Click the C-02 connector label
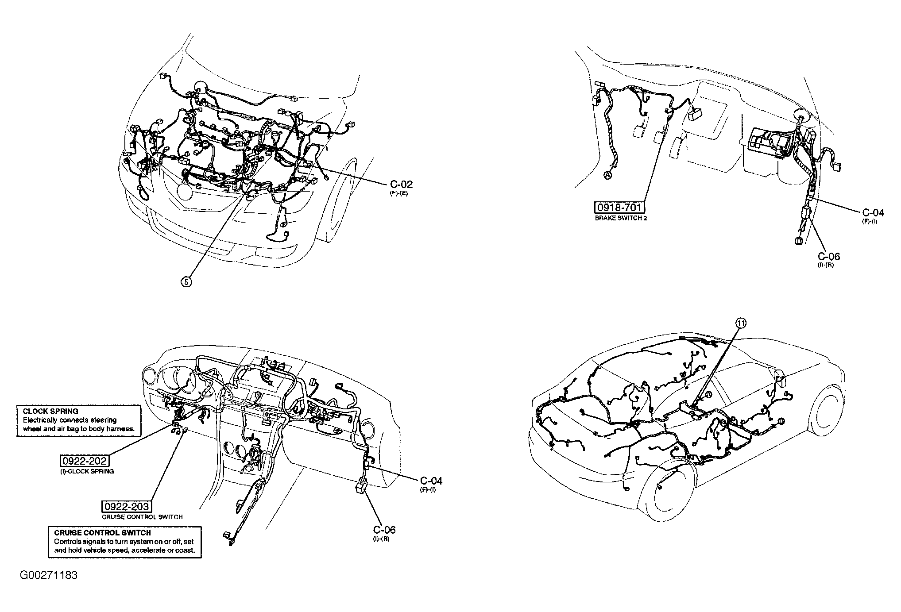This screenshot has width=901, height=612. click(x=401, y=185)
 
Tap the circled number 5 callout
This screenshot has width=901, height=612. click(x=186, y=281)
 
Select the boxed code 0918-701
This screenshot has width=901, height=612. click(x=619, y=208)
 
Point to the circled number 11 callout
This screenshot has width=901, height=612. click(x=741, y=323)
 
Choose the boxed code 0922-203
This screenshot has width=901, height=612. click(x=127, y=506)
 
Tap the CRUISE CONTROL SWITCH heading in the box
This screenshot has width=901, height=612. click(x=102, y=533)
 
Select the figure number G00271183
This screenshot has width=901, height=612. click(x=49, y=575)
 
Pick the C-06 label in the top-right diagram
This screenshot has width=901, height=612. click(x=828, y=256)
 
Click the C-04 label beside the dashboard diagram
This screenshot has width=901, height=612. click(x=431, y=481)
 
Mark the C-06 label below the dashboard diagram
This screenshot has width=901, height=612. click(x=384, y=530)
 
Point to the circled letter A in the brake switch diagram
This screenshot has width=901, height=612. click(x=607, y=175)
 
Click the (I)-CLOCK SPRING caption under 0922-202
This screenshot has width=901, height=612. click(x=87, y=471)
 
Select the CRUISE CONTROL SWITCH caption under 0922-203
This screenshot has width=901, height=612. click(x=142, y=516)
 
